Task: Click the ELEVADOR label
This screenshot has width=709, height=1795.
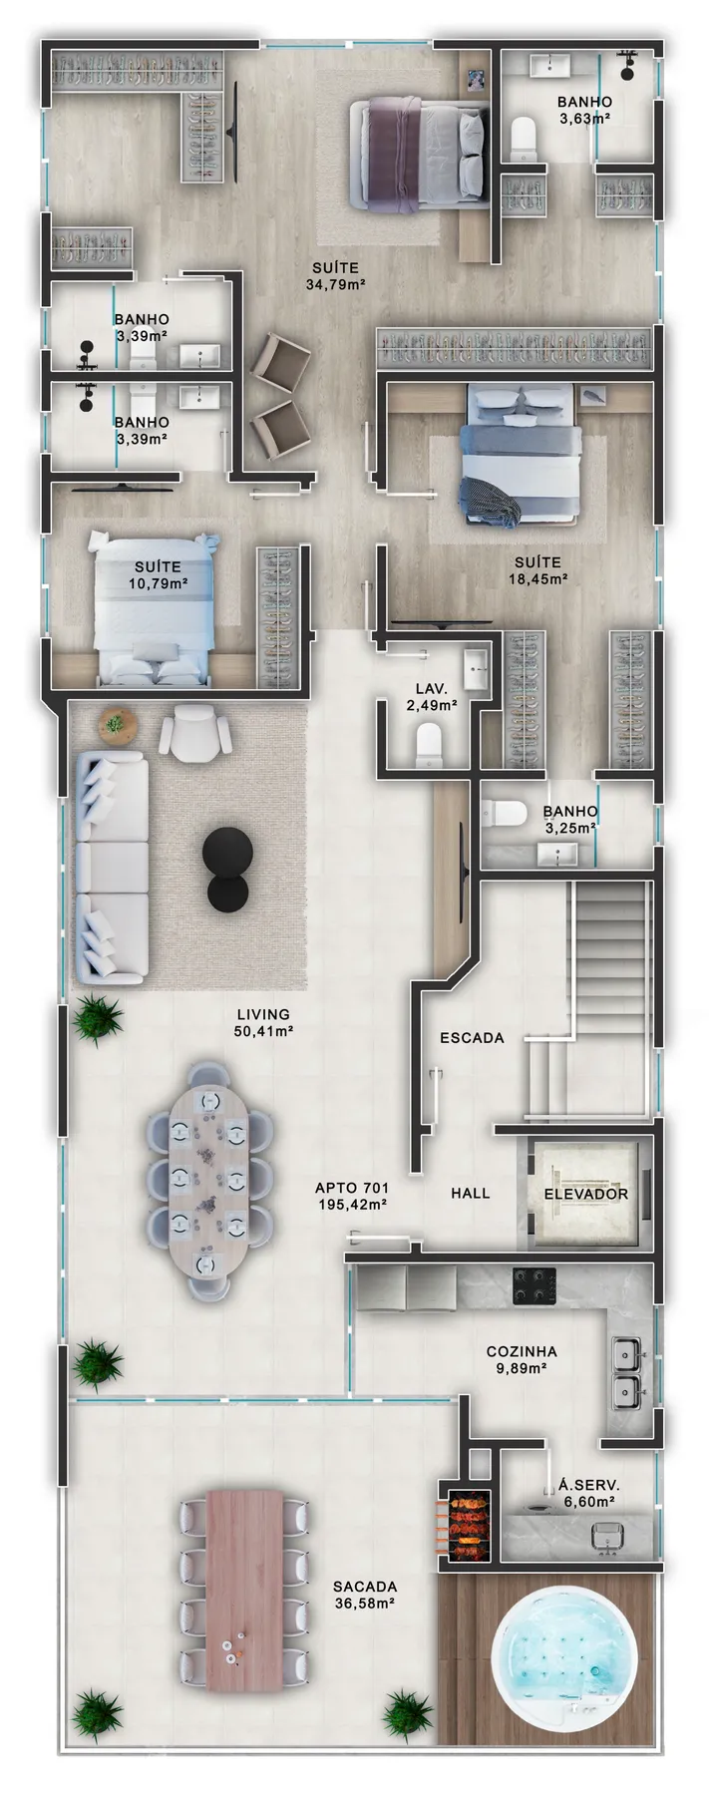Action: [585, 1194]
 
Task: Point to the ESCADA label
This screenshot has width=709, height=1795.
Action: [472, 1038]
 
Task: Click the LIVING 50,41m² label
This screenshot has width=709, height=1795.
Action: [263, 1024]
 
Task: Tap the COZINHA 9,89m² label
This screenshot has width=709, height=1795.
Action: [522, 1360]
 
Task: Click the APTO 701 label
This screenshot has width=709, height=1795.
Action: [351, 1189]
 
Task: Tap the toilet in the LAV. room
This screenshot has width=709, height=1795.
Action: [428, 743]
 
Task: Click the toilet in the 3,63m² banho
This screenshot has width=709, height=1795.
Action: [524, 139]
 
